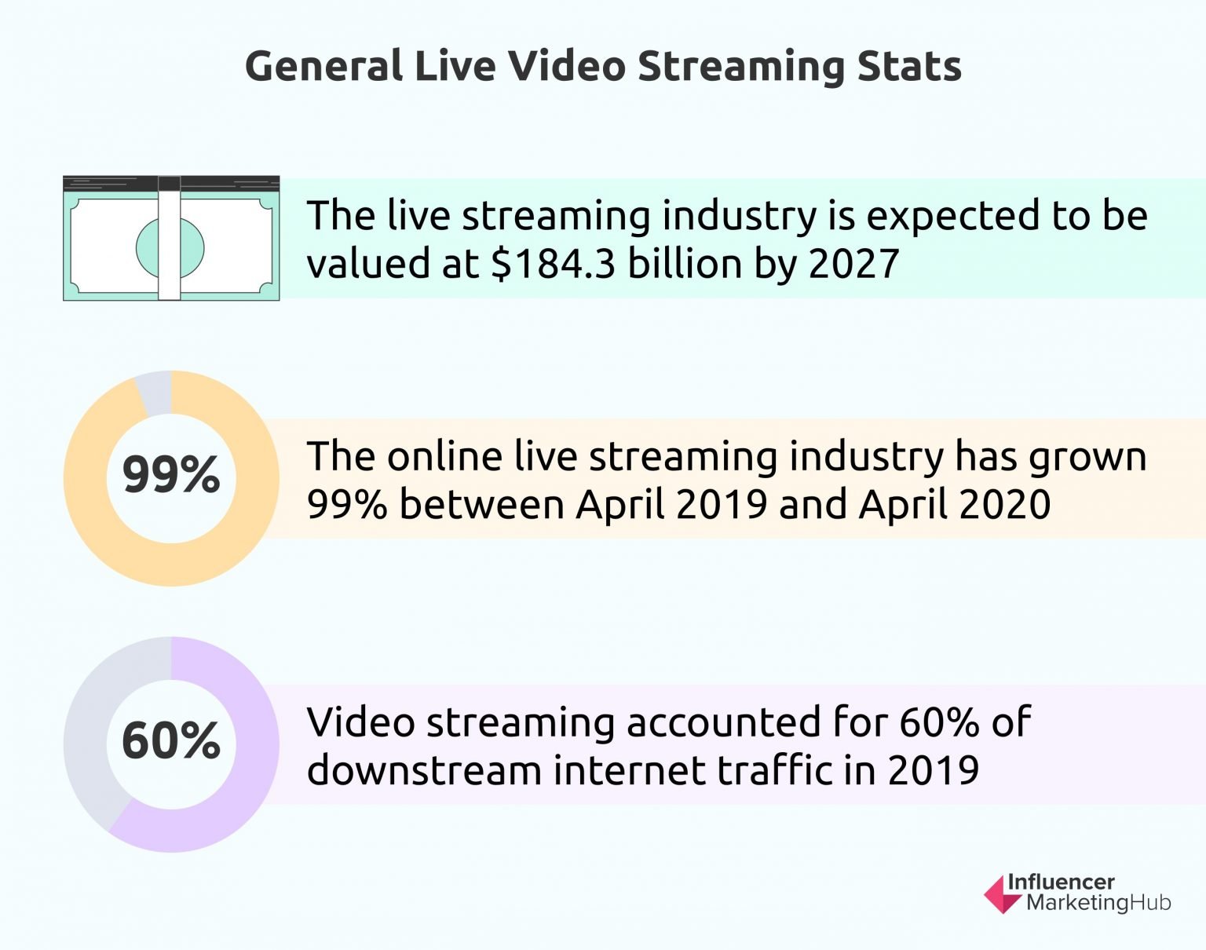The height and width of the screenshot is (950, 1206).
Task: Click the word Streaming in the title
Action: pos(740,66)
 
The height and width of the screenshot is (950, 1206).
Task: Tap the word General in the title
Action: pos(323,66)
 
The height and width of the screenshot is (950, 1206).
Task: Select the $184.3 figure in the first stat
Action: pos(554,264)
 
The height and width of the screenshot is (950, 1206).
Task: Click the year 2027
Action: pos(853,264)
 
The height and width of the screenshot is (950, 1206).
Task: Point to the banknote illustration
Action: pos(171,239)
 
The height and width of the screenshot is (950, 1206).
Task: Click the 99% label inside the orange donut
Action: pos(171,475)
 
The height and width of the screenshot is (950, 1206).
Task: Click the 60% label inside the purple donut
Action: pos(171,741)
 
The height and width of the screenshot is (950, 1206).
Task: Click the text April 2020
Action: pos(954,504)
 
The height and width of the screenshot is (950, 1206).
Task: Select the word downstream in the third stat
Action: pos(424,770)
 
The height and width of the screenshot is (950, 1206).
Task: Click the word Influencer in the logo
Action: pos(1061,882)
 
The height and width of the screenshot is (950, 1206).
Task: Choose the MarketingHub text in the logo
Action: pos(1098,903)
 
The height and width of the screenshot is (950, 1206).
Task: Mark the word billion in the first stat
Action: pos(685,264)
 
